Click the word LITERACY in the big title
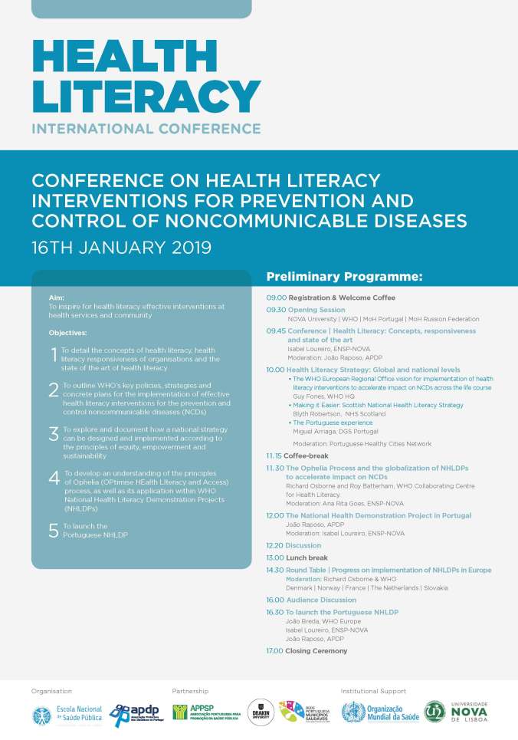146,96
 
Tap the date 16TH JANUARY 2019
121,248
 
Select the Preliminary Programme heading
344,277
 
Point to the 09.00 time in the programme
276,298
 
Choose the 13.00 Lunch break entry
297,557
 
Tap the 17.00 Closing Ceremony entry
307,651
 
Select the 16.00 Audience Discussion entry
311,600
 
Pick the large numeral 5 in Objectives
54,531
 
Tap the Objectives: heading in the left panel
67,333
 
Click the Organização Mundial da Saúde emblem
353,714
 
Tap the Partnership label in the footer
190,691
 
